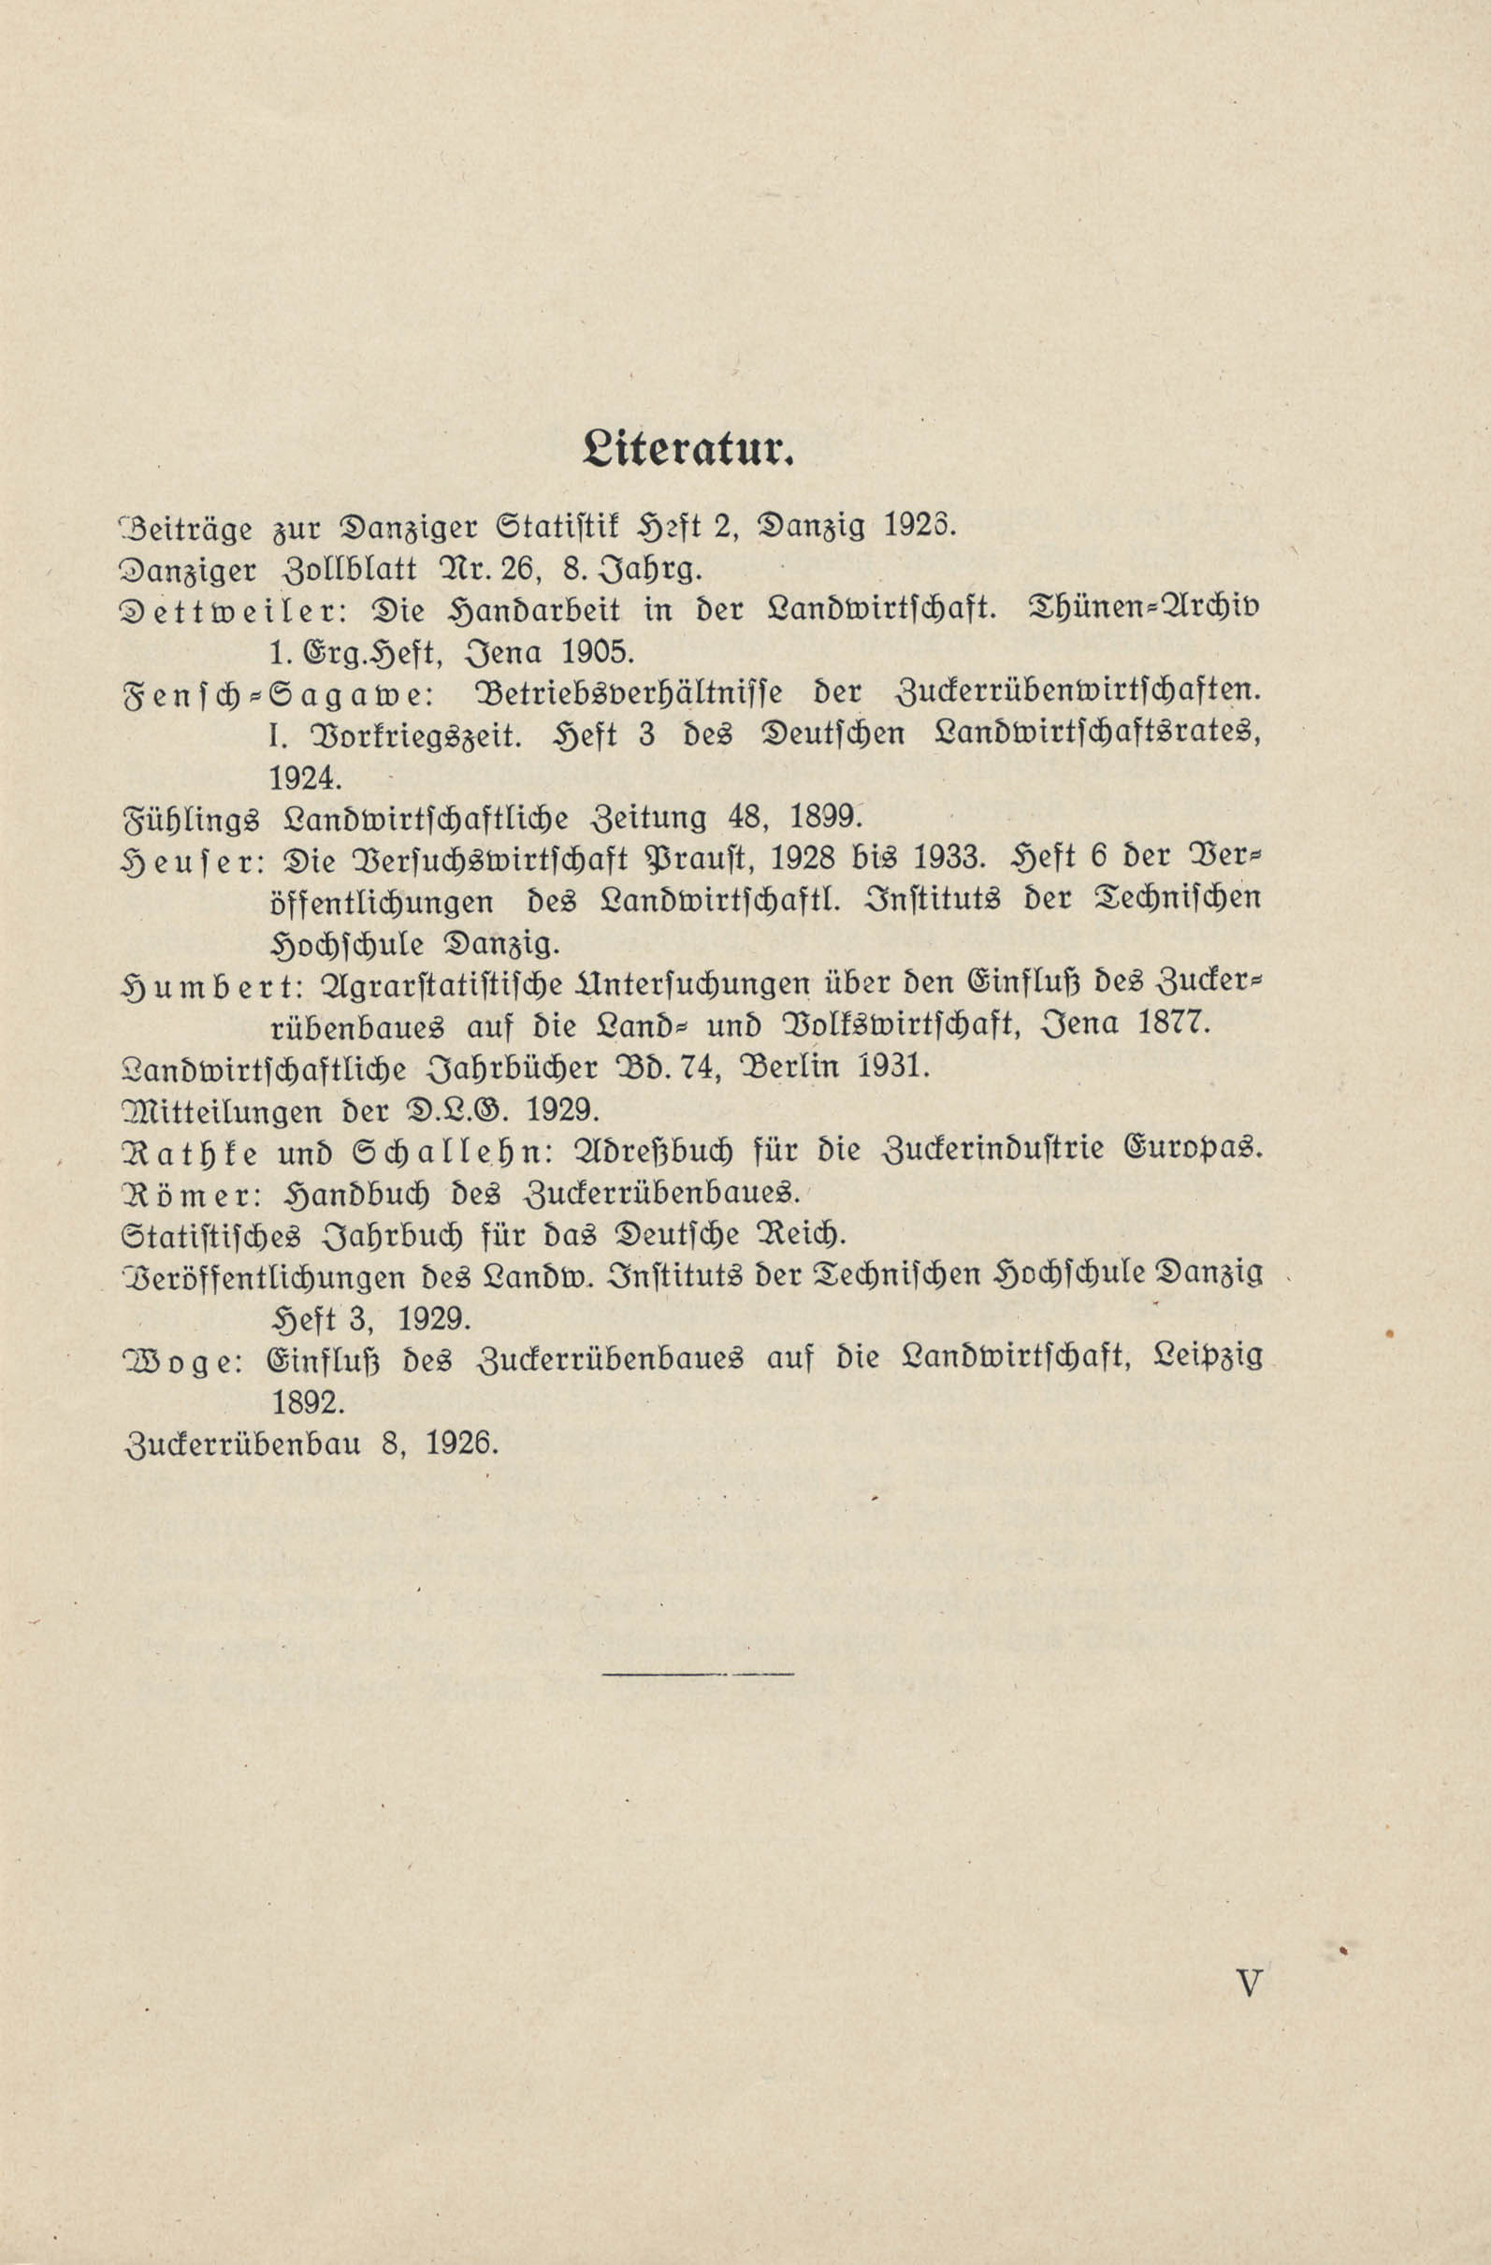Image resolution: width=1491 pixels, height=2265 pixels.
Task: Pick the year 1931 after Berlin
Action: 892,1067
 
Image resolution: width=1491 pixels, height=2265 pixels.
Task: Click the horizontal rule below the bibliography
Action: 698,1672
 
